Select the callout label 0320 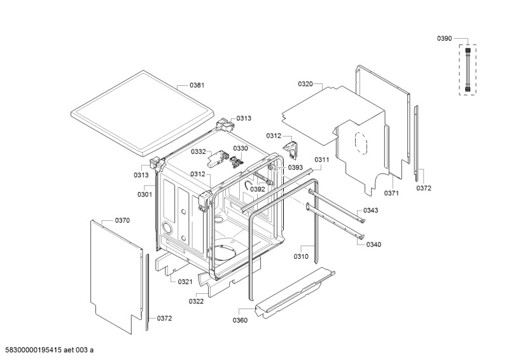click(305, 84)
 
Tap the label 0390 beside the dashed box click(444, 39)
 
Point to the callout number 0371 click(391, 192)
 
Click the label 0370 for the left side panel click(122, 221)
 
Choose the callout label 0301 click(144, 194)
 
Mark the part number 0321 click(185, 281)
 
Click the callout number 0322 click(196, 301)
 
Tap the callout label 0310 click(301, 256)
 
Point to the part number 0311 click(321, 160)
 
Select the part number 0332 click(199, 151)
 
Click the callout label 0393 click(295, 167)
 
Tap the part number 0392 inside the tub click(257, 189)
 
